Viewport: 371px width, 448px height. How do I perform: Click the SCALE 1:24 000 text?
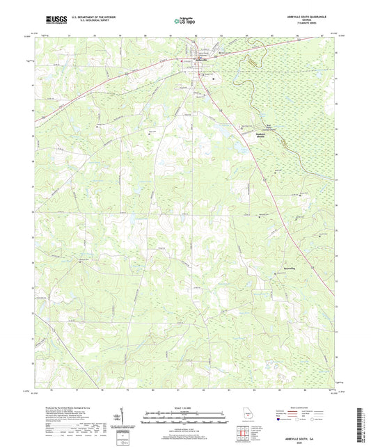184,408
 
